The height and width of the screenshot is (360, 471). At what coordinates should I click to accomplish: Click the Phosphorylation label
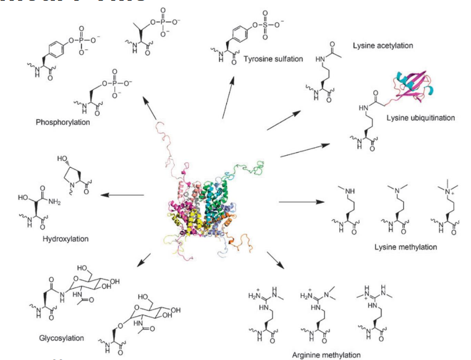pyautogui.click(x=62, y=122)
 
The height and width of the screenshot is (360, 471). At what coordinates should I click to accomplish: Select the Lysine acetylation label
pyautogui.click(x=383, y=46)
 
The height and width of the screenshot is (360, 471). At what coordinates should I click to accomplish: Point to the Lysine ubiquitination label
pyautogui.click(x=420, y=118)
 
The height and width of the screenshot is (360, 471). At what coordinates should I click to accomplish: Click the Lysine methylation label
pyautogui.click(x=405, y=247)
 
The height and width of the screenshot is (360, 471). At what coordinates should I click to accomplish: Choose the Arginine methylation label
pyautogui.click(x=326, y=354)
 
